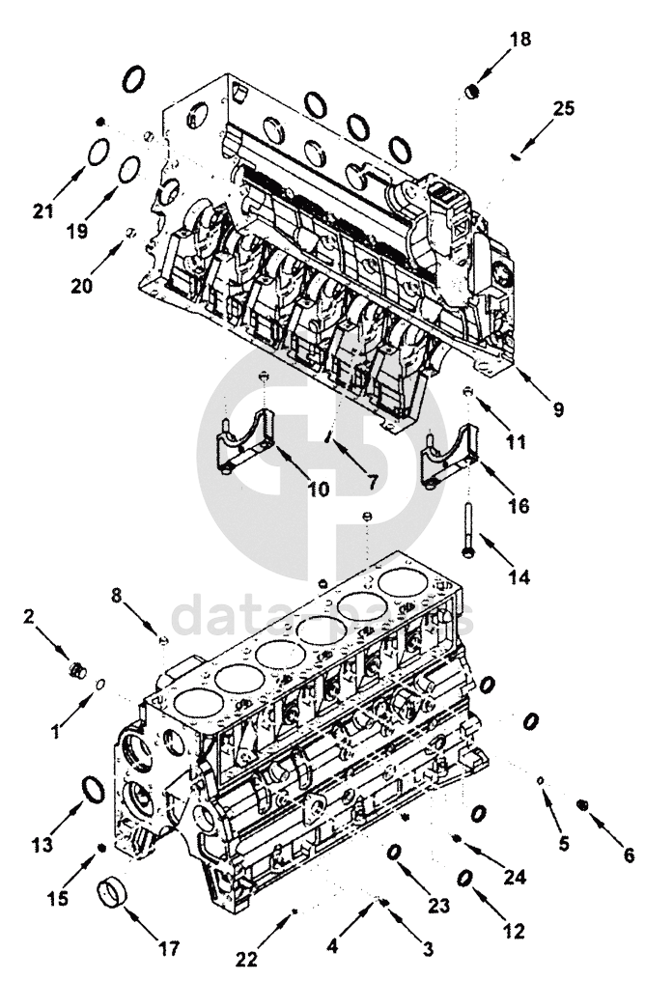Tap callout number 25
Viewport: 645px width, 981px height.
click(563, 108)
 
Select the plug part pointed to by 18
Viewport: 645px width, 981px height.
click(473, 92)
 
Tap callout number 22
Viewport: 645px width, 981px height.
click(248, 959)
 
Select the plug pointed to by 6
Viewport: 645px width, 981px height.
click(582, 804)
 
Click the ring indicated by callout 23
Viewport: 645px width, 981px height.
click(395, 853)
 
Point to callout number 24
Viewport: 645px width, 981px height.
click(516, 876)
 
